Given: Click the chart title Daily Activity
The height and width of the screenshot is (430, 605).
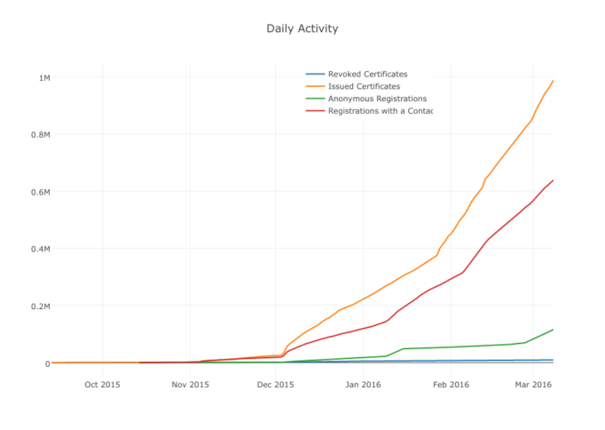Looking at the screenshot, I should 302,28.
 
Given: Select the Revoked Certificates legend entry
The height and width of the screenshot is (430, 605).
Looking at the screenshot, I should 367,74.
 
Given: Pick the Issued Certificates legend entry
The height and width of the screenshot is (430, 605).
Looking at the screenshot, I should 364,86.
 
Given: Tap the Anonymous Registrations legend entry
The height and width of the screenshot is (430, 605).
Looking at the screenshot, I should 377,99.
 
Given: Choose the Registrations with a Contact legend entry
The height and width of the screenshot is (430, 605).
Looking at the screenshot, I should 379,111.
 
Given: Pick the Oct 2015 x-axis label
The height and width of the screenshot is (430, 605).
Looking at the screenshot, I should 102,385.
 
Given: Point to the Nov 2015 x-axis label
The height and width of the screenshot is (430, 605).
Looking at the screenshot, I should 190,385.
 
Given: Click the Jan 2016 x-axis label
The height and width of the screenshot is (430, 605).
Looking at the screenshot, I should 363,385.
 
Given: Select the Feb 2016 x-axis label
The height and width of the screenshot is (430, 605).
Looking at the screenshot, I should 451,385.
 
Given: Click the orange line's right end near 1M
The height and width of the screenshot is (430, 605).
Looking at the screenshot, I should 553,81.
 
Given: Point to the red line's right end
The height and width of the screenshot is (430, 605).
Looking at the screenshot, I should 553,180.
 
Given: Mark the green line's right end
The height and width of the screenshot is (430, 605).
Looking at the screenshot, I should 553,330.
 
